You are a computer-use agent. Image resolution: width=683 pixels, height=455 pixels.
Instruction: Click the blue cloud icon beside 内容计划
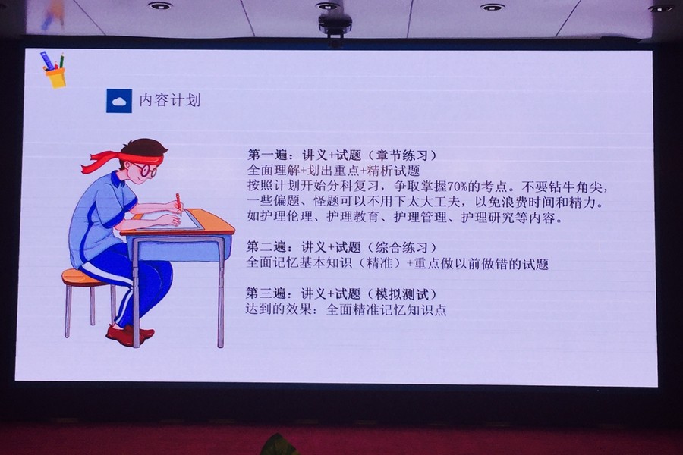119,101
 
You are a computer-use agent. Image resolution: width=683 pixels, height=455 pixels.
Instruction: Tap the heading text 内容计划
170,100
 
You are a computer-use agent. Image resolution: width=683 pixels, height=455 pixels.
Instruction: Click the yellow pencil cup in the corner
56,77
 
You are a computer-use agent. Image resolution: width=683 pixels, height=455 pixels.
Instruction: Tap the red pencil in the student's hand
178,203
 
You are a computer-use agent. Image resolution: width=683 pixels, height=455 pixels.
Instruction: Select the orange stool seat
83,278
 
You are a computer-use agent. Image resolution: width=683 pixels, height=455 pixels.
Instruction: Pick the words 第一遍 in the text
268,155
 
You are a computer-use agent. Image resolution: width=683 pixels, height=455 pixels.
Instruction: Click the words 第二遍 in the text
266,247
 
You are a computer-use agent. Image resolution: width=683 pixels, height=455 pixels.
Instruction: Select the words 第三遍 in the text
266,294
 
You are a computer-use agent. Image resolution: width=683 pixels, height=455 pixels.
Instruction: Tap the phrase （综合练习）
401,247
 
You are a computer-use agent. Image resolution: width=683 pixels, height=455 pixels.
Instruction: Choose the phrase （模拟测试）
401,294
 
